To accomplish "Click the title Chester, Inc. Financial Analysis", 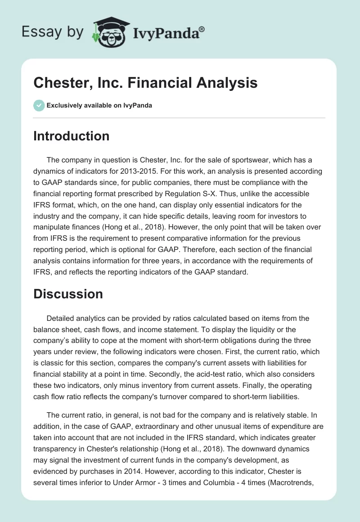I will [x=145, y=83].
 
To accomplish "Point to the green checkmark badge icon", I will [x=39, y=105].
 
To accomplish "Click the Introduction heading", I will [x=71, y=136].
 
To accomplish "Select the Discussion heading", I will [x=68, y=294].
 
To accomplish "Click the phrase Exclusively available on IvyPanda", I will [x=99, y=105].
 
